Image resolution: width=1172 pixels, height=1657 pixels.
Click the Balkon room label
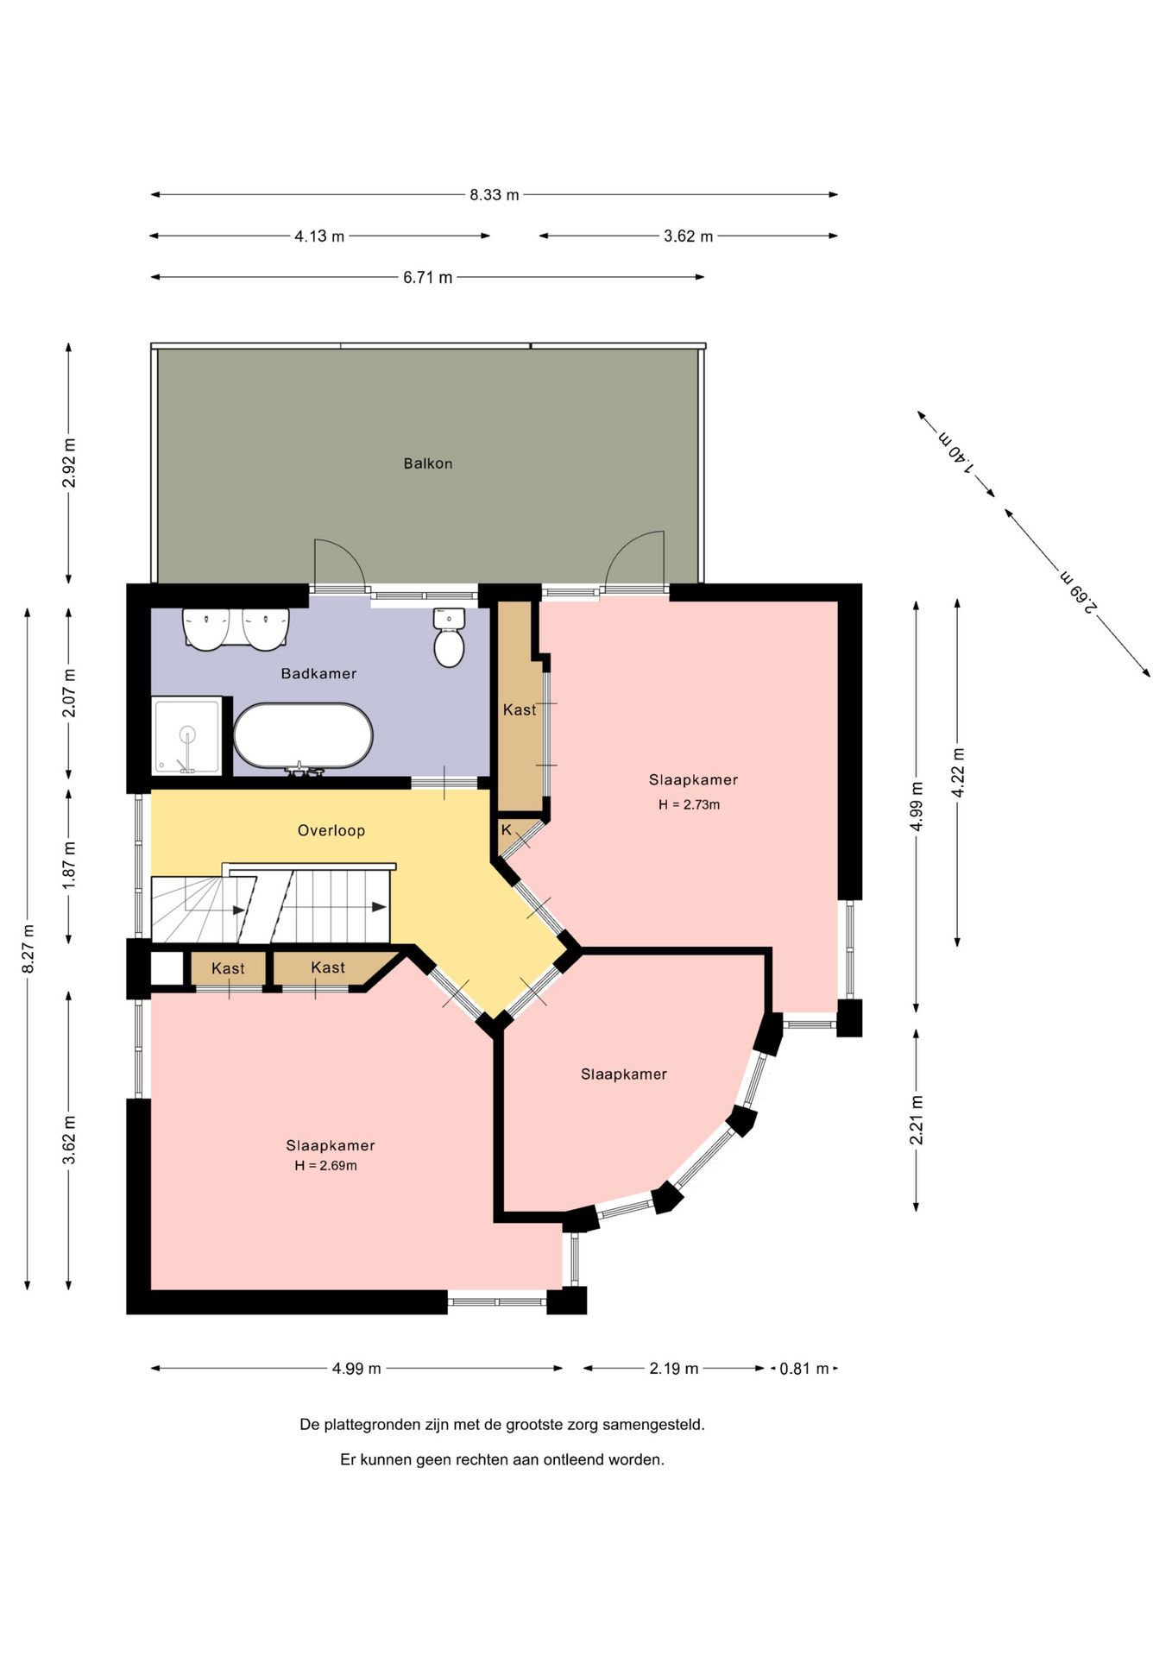click(428, 463)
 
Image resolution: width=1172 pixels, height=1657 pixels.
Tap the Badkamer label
click(318, 673)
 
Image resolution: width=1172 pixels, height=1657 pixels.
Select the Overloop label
click(331, 830)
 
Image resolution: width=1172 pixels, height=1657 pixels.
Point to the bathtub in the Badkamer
click(303, 736)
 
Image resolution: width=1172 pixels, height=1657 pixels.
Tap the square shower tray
click(187, 735)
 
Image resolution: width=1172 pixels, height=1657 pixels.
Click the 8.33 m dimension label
click(495, 195)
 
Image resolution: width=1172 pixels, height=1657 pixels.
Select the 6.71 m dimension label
click(428, 278)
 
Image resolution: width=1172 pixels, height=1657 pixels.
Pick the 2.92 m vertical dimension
click(69, 463)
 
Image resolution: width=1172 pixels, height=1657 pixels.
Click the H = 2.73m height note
click(689, 804)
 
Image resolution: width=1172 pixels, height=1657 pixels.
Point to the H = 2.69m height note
click(325, 1166)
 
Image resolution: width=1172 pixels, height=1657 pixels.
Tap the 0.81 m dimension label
click(804, 1369)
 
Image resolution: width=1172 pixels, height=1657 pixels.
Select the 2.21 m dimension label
click(917, 1120)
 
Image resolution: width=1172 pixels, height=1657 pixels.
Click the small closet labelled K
click(517, 834)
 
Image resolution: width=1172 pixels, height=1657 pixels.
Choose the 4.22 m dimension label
click(958, 772)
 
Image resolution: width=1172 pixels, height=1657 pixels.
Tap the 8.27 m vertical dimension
click(28, 948)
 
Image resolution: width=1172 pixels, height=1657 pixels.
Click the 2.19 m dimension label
click(674, 1369)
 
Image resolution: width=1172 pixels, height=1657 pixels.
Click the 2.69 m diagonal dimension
click(1079, 591)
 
